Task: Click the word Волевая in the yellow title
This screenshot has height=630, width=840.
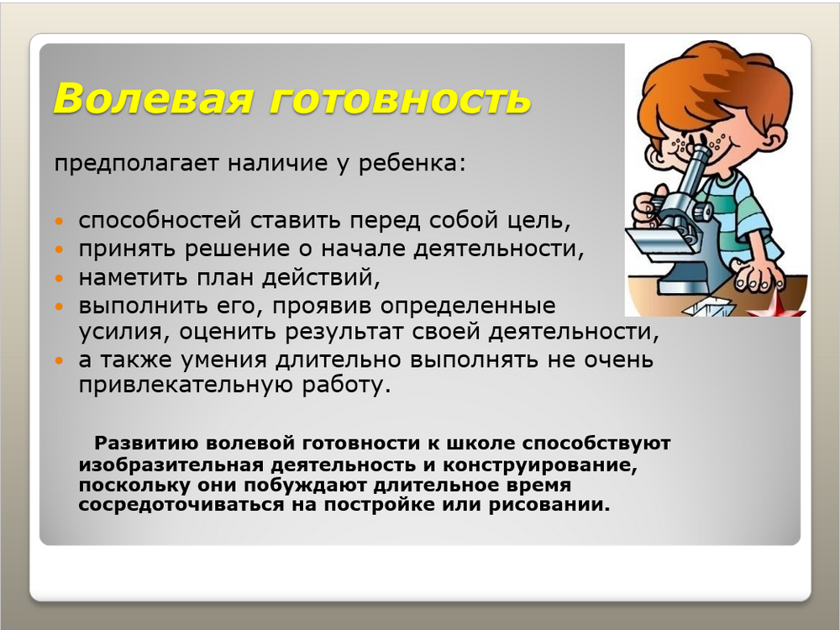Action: click(x=153, y=98)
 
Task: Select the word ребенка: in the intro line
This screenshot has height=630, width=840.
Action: click(x=412, y=163)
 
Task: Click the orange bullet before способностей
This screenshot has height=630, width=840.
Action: click(x=59, y=220)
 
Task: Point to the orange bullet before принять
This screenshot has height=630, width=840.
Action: click(x=59, y=249)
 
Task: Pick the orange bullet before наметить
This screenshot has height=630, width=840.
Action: click(x=59, y=277)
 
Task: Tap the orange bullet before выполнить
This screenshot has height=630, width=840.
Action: click(x=59, y=307)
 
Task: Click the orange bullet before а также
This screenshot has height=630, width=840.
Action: click(x=59, y=360)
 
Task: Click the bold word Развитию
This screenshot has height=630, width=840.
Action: click(x=146, y=444)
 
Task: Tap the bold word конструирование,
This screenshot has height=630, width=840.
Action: click(x=540, y=465)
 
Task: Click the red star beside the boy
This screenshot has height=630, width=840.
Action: click(x=777, y=306)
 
